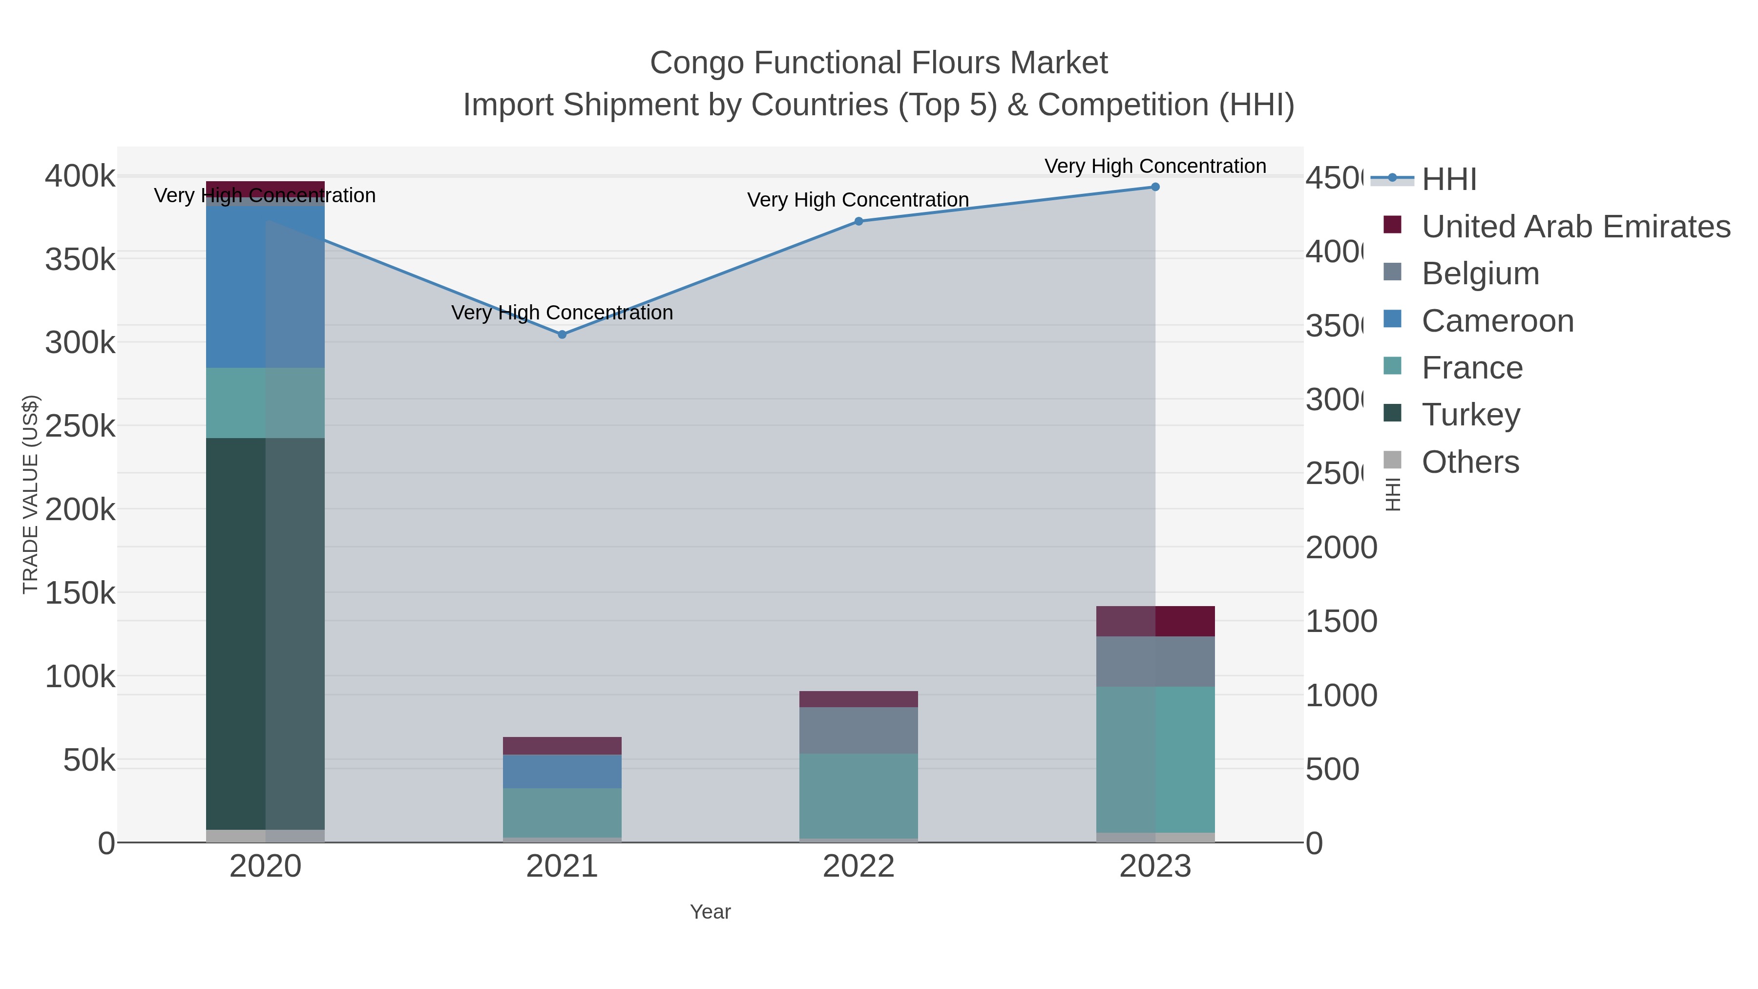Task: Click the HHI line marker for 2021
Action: click(562, 335)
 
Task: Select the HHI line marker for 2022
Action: click(858, 221)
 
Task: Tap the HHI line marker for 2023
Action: click(1155, 187)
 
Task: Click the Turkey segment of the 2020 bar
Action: click(265, 633)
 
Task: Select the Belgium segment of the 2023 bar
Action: click(1155, 661)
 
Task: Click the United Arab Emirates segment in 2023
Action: click(1155, 621)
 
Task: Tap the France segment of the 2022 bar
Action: click(858, 796)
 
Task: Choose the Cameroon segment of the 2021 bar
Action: click(562, 771)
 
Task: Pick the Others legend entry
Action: click(1470, 462)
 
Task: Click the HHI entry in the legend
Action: click(1449, 180)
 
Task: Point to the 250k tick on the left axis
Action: click(80, 426)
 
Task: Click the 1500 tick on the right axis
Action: click(1341, 622)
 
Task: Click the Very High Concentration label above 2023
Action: click(1155, 166)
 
